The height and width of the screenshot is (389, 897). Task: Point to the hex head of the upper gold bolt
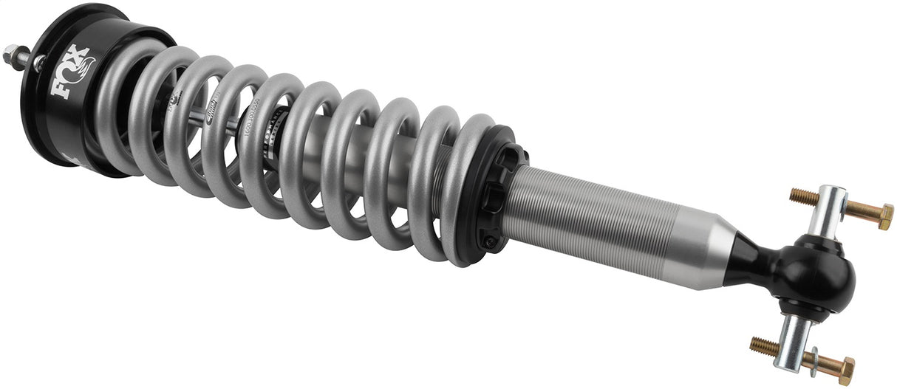pos(882,217)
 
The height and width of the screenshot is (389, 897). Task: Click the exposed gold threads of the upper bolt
pos(803,197)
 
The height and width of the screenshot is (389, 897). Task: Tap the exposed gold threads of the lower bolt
pos(764,345)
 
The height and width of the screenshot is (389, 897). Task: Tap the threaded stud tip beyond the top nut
pos(7,51)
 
